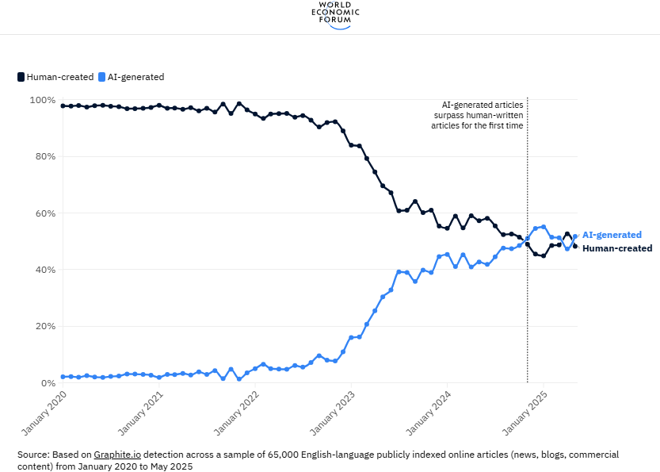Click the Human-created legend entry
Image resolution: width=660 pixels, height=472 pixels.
(x=55, y=77)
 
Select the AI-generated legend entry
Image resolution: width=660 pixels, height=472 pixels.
(x=131, y=77)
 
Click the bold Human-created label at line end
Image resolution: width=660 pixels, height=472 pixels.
(x=617, y=248)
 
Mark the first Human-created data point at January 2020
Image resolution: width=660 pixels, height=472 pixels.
(x=63, y=106)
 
